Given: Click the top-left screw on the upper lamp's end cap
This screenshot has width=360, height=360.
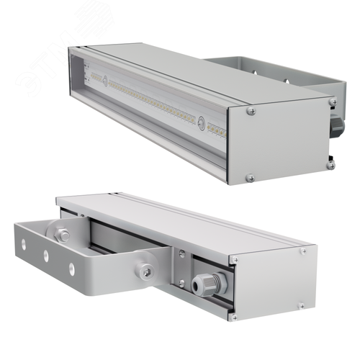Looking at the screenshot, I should click(250, 111).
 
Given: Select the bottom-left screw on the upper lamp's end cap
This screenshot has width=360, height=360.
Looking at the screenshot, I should click(250, 177).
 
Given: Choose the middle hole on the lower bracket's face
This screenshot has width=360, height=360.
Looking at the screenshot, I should click(47, 256).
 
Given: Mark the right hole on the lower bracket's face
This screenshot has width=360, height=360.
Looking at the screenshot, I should click(71, 268).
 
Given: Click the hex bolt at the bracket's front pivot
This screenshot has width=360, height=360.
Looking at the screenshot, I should click(146, 269).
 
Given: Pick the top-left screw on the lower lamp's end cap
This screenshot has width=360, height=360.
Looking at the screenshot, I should click(233, 259).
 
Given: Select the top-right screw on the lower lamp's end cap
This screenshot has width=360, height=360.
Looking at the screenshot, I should click(303, 251).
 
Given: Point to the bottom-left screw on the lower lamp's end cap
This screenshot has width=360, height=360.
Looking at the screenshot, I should click(233, 315).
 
